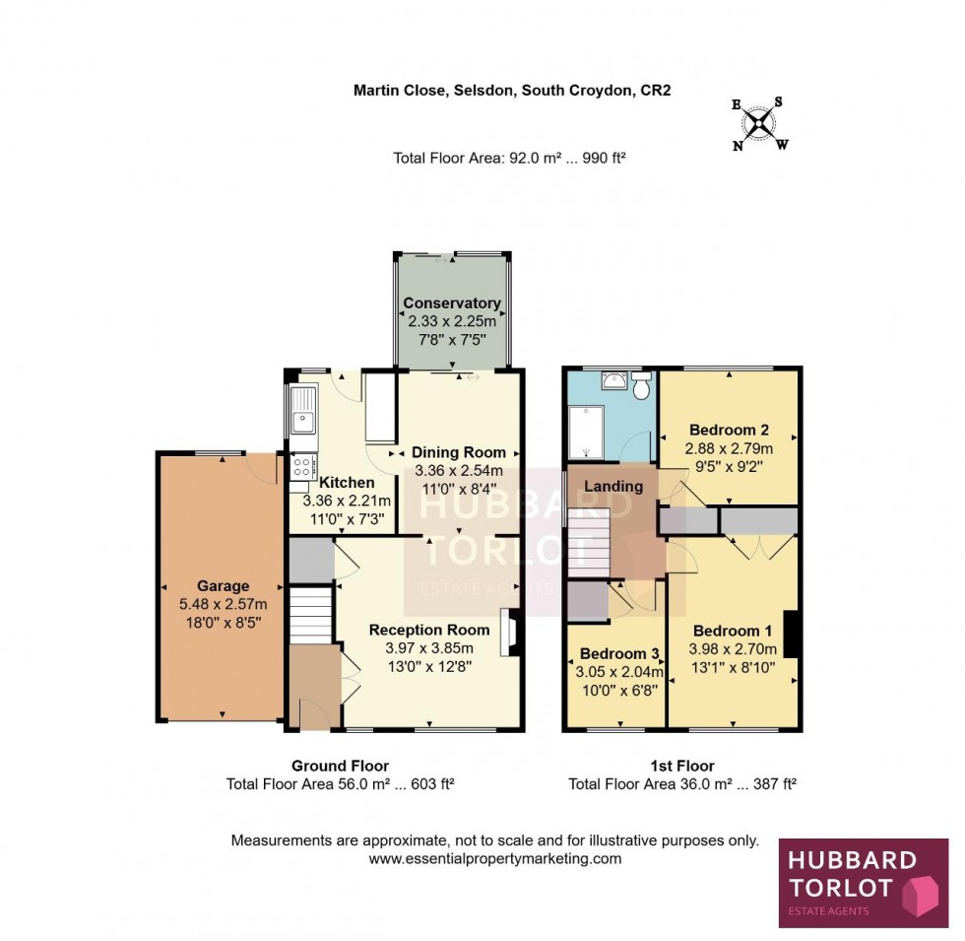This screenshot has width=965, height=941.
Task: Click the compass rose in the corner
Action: pos(760,124)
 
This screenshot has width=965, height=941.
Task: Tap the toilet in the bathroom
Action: pos(642,385)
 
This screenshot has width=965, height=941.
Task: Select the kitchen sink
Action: pos(303,409)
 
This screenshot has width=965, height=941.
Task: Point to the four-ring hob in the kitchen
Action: pos(303,466)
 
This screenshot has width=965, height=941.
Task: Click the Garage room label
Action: pos(223,586)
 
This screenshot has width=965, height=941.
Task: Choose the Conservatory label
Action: pos(452,303)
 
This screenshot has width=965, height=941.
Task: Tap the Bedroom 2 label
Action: pos(729,430)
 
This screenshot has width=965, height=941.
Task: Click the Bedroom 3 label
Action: pos(619,653)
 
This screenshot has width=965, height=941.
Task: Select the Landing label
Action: pos(612,487)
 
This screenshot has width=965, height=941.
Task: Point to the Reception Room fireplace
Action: pos(508,633)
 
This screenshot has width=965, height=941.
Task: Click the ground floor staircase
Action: pos(311,615)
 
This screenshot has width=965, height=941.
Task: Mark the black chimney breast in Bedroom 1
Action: pos(791,634)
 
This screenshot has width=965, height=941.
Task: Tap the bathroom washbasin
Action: pos(612,380)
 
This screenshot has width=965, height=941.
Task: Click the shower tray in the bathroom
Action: pos(586,433)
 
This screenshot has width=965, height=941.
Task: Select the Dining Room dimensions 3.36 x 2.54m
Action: pos(459,471)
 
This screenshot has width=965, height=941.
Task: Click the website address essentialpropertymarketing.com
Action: pos(494,858)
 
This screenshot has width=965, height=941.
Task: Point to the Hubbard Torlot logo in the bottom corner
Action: pos(864,883)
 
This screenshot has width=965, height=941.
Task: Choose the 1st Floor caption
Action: pos(681,767)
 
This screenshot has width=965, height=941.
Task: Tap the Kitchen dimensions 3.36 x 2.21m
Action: pos(347,501)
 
